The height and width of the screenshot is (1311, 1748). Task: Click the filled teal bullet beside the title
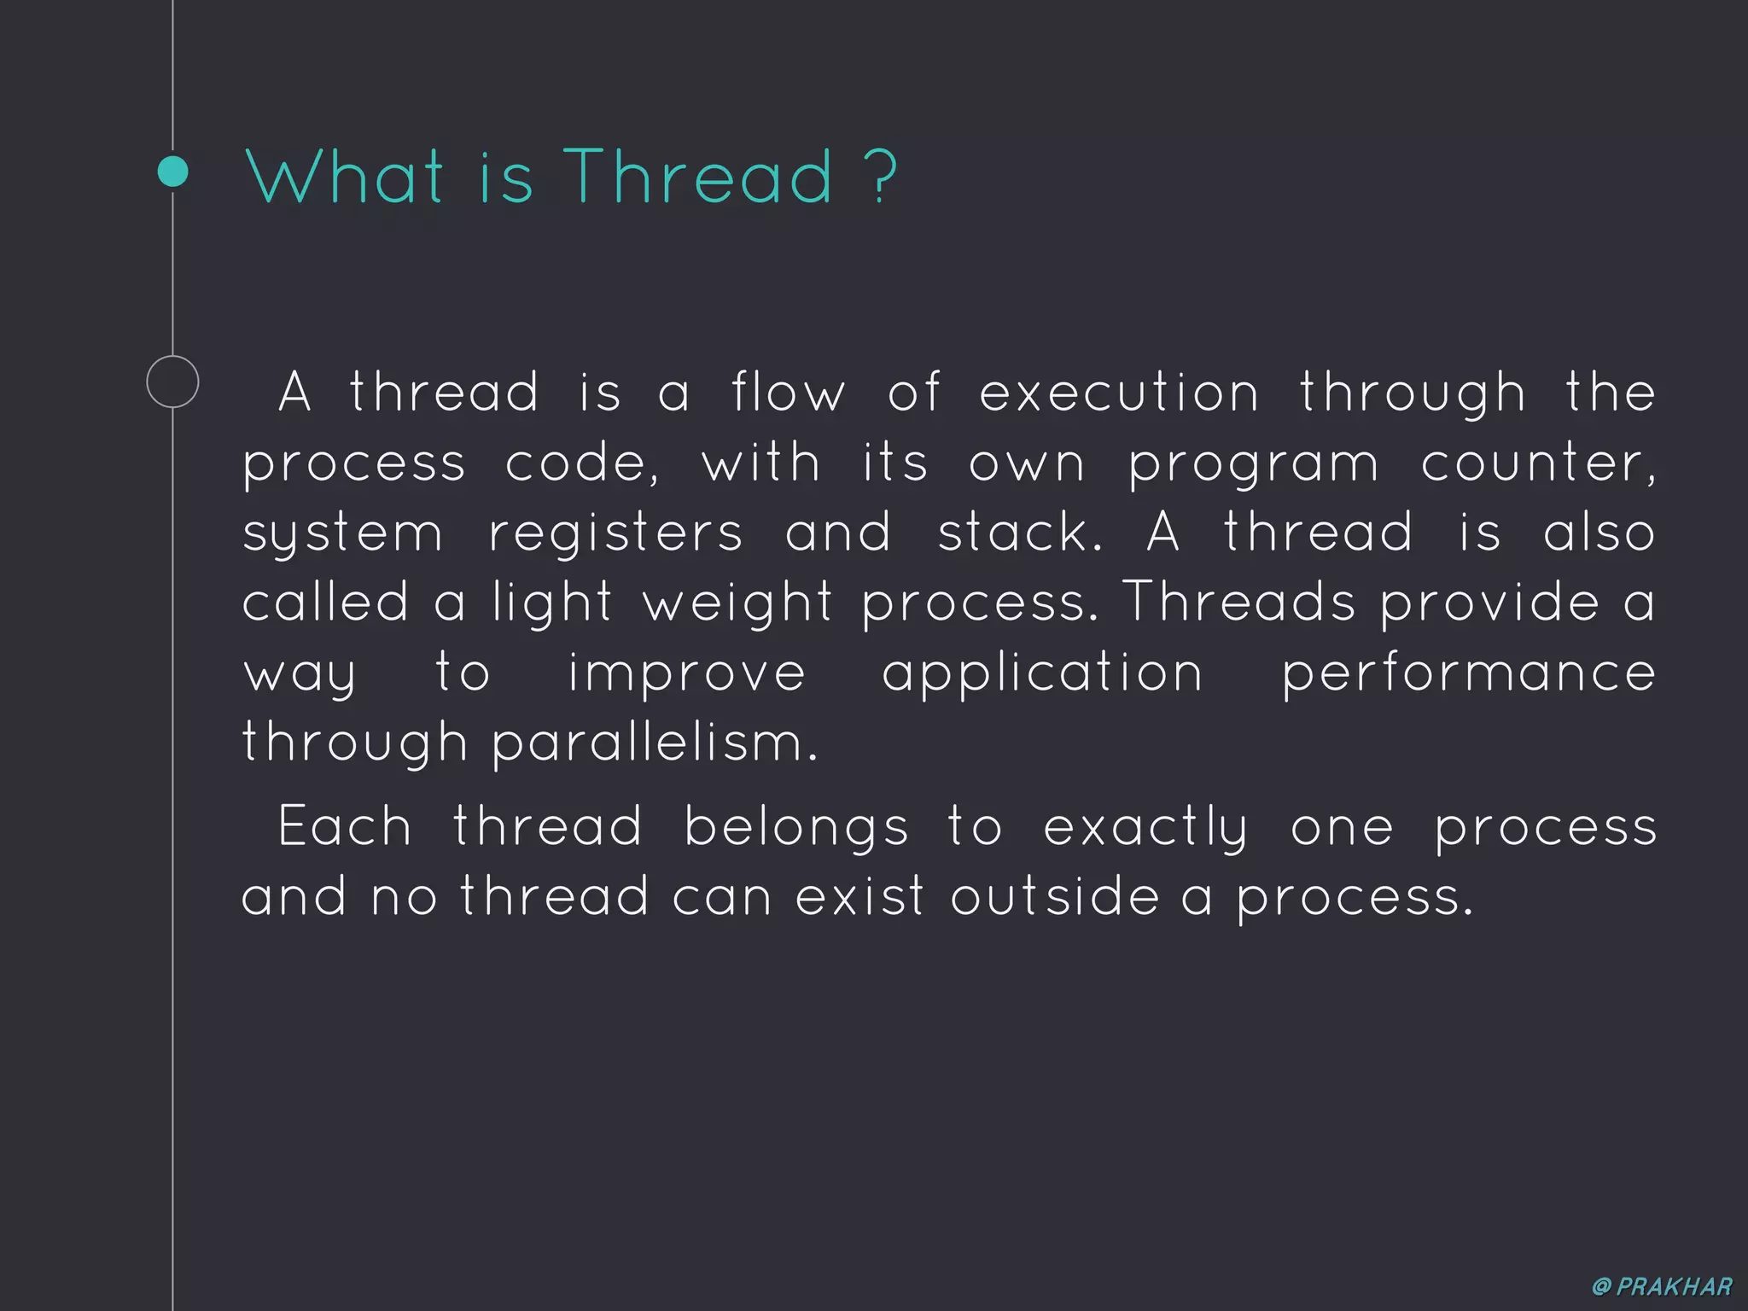pos(173,172)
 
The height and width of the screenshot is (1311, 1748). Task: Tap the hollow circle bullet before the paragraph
pos(172,382)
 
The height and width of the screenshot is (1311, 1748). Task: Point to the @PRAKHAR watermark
pos(1662,1286)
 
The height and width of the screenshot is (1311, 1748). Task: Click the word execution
pos(1118,393)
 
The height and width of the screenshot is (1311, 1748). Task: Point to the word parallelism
pos(655,743)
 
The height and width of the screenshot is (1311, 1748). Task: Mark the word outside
pos(1055,897)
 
